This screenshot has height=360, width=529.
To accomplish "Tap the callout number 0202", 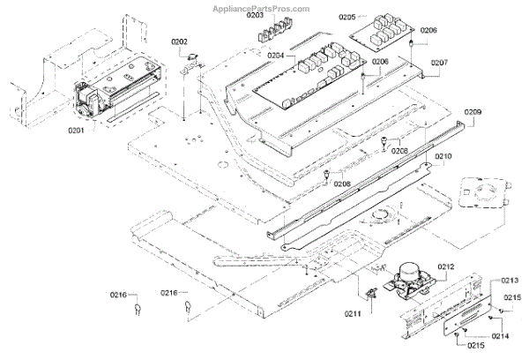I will (180, 41).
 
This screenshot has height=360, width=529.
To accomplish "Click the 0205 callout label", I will (347, 17).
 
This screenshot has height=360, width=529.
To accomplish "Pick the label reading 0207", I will (439, 63).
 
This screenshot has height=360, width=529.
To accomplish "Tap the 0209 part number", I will (473, 113).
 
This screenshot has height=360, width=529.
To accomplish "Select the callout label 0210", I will (442, 156).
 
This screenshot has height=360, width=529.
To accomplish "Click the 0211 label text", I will (353, 311).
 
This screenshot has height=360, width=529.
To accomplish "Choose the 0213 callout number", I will (510, 281).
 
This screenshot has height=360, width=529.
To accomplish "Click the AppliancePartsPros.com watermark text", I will (263, 8).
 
